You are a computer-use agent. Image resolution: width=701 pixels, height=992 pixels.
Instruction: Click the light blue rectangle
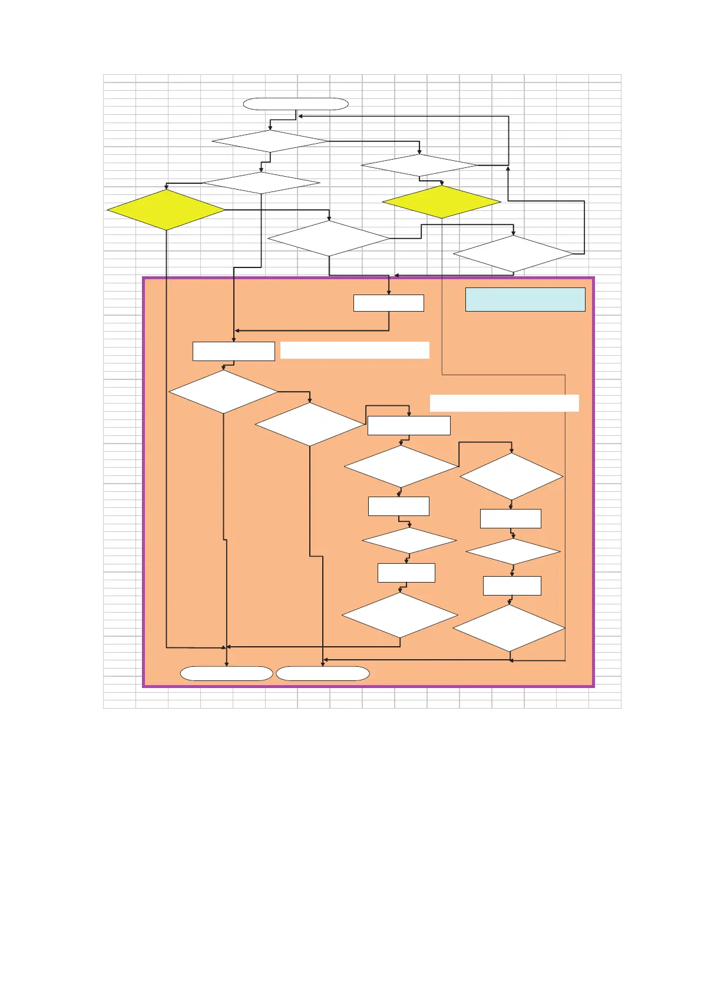point(525,299)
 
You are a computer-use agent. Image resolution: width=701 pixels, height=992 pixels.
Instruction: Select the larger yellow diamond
point(166,210)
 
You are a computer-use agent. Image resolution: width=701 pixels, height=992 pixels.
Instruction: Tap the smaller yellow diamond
point(441,202)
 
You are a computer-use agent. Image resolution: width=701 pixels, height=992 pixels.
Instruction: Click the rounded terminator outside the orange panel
point(296,104)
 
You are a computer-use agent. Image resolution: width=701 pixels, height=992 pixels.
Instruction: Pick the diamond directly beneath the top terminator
point(270,141)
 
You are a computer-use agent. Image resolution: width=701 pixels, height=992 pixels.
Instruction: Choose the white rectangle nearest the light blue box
point(389,303)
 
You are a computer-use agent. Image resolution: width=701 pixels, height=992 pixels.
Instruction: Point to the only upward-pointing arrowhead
point(508,168)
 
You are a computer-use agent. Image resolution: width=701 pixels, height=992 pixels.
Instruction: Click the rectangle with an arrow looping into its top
point(409,425)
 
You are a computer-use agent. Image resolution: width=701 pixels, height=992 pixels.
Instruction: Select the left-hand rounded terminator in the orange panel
point(226,673)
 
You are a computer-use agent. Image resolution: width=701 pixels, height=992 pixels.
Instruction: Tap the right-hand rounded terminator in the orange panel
point(323,673)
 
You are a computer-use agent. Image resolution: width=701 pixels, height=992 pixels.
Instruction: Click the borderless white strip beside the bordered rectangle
point(355,350)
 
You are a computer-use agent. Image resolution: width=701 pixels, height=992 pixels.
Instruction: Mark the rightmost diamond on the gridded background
point(513,254)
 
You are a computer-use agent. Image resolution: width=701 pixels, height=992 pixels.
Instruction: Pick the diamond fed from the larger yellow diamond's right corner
point(329,239)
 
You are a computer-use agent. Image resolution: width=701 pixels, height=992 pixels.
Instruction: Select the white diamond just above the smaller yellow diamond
point(419,166)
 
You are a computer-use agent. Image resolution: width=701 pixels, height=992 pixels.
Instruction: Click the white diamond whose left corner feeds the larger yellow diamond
point(261,183)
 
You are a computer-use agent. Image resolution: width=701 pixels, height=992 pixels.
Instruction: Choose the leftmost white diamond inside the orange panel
point(223,392)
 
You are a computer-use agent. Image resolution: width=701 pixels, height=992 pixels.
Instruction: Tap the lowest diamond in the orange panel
point(509,629)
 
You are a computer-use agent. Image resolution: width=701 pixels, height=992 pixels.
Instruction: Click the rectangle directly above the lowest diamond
point(512,586)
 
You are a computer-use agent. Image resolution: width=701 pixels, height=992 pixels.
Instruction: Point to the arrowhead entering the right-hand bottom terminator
point(323,664)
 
